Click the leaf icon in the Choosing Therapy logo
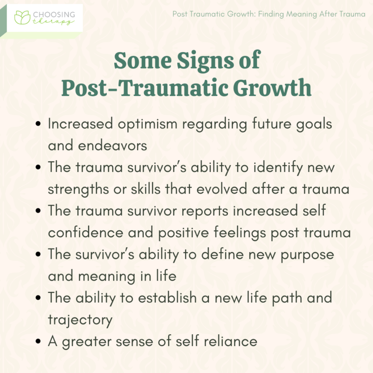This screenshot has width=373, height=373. (22, 18)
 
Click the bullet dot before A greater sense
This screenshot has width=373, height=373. (38, 341)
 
